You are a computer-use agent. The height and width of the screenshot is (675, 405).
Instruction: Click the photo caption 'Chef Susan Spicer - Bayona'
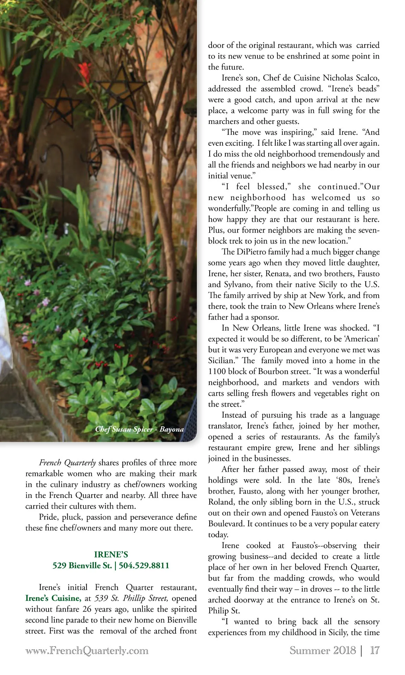coord(139,429)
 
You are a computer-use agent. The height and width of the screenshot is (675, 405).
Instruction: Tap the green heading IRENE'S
coord(111,555)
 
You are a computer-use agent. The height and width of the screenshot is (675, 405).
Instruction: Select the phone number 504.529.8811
coord(144,566)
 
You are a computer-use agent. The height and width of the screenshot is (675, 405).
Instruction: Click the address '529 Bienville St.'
coord(82,566)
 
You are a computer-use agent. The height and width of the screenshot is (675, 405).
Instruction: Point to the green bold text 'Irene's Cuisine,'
coord(53,598)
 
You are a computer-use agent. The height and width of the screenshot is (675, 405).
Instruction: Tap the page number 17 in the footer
coord(375,650)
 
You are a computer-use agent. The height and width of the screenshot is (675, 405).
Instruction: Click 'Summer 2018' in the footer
coord(323,650)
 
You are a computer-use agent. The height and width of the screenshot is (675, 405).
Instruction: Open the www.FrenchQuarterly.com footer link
coord(87,650)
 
